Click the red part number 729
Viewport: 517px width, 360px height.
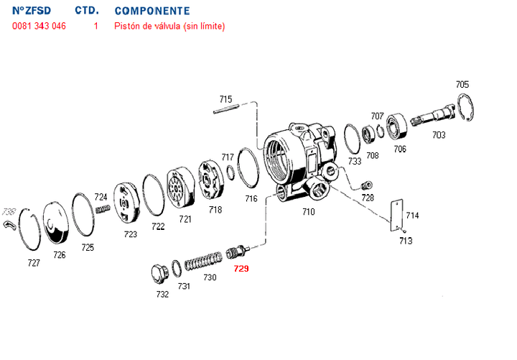coord(241,269)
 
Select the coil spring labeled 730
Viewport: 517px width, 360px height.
coord(204,259)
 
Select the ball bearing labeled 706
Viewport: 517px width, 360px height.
coord(397,127)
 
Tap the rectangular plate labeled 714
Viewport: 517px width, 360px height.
coord(393,214)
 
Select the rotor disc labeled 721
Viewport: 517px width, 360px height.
coord(182,190)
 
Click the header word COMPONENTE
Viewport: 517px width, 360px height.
coord(152,11)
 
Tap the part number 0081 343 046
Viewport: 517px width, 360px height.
coord(39,27)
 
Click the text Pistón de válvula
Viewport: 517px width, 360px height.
coord(147,27)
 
